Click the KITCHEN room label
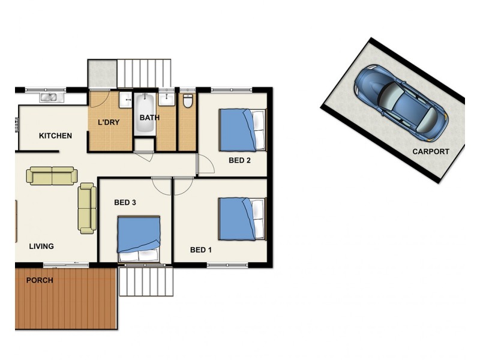pyautogui.click(x=55, y=136)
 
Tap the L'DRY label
pyautogui.click(x=109, y=122)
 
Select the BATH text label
pyautogui.click(x=149, y=118)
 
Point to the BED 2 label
pyautogui.click(x=239, y=160)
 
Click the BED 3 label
pyautogui.click(x=125, y=202)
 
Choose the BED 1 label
pyautogui.click(x=201, y=250)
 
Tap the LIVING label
pyautogui.click(x=41, y=246)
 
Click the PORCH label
pyautogui.click(x=40, y=280)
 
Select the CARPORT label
pyautogui.click(x=431, y=152)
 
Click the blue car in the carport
pyautogui.click(x=401, y=103)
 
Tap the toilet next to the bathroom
pyautogui.click(x=188, y=101)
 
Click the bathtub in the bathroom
pyautogui.click(x=145, y=114)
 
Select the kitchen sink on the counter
pyautogui.click(x=49, y=97)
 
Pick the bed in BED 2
pyautogui.click(x=242, y=130)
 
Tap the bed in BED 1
pyautogui.click(x=242, y=219)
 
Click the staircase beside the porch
pyautogui.click(x=146, y=281)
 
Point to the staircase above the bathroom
pyautogui.click(x=144, y=73)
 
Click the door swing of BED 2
pyautogui.click(x=206, y=164)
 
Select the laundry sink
pyautogui.click(x=125, y=100)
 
